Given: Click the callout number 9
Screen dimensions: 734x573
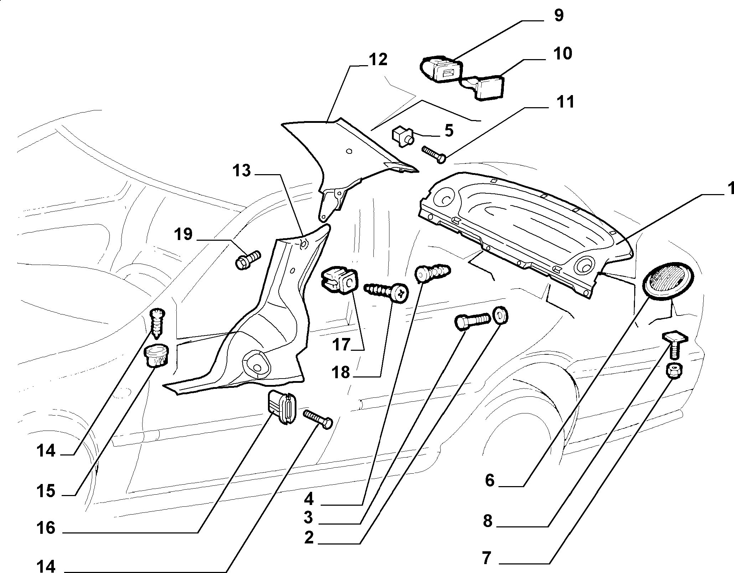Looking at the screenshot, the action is [x=559, y=16].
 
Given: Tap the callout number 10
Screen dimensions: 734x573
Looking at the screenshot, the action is [x=563, y=53].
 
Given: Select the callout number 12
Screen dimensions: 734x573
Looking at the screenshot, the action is [x=378, y=59].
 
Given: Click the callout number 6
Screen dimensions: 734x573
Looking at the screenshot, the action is [x=490, y=481].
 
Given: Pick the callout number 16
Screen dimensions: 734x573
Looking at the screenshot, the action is [x=46, y=527].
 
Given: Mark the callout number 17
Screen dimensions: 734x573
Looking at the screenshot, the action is [x=341, y=344].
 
